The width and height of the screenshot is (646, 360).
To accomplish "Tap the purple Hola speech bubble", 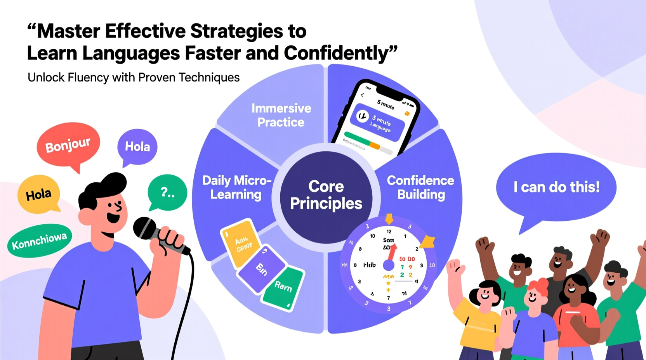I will tap(137, 147).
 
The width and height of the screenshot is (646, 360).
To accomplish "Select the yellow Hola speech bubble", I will tap(38, 194).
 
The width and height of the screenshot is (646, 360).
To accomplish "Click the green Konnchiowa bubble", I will tap(39, 241).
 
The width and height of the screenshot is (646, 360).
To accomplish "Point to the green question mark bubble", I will tap(167, 192).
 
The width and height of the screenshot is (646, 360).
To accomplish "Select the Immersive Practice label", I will tap(281, 115).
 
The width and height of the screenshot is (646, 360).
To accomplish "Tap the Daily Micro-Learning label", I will tap(236, 187).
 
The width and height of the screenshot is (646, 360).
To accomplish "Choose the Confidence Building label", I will tap(420, 187).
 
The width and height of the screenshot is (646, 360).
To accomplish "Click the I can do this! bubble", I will tap(556, 187).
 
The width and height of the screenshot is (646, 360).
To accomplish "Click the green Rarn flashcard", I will tap(283, 287).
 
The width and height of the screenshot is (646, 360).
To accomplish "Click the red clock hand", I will tap(392, 252).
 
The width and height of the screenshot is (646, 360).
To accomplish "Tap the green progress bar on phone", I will tap(357, 138).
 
